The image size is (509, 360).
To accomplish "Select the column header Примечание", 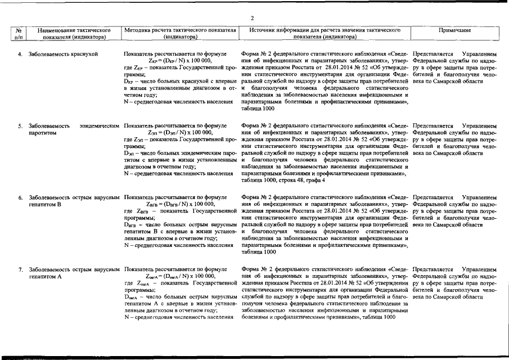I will pyautogui.click(x=456, y=30).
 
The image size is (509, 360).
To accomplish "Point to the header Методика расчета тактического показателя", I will pyautogui.click(x=179, y=34).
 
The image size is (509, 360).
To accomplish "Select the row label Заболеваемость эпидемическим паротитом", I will pyautogui.click(x=73, y=129).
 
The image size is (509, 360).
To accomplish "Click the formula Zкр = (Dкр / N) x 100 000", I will pyautogui.click(x=178, y=61).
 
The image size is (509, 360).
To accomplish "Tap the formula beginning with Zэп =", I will pyautogui.click(x=178, y=133).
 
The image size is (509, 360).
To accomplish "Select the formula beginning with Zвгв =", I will pyautogui.click(x=178, y=204).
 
